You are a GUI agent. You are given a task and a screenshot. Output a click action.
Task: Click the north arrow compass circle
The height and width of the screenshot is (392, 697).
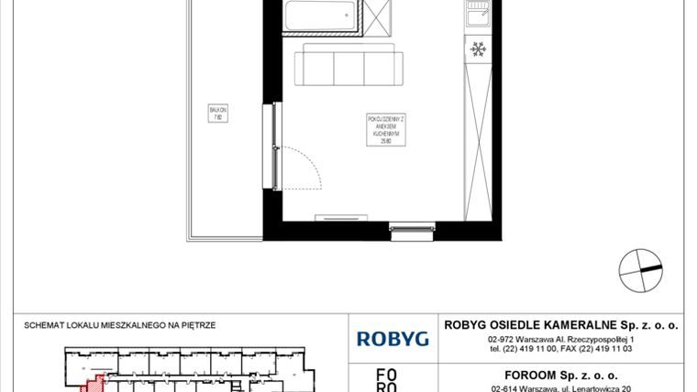(x=639, y=268)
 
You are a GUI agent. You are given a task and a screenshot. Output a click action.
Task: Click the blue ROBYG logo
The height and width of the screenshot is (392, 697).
(x=393, y=339)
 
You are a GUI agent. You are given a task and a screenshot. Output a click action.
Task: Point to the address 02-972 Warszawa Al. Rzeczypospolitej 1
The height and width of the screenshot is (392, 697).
(x=561, y=340)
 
